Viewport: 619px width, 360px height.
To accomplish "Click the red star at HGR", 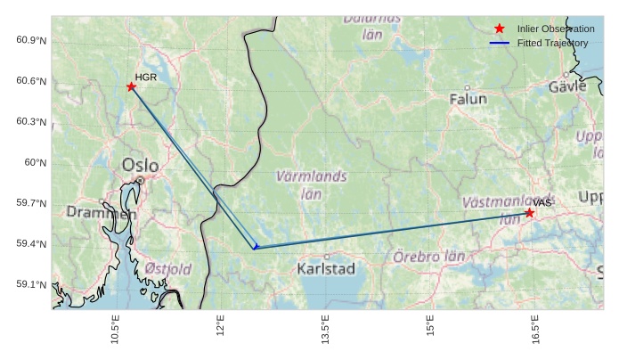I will coord(131,86).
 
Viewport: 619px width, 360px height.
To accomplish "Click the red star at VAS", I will coord(529,212).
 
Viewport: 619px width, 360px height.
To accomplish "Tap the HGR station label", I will coord(146,78).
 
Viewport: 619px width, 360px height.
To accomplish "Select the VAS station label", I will coord(543,203).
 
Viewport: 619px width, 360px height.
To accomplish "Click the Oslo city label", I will coord(140,165).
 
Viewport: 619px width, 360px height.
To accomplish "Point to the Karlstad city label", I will coord(326,268).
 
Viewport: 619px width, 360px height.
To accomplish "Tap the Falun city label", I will coord(468,100).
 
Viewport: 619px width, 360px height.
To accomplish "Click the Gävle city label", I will coord(567,86).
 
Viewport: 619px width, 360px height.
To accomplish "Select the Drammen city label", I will coord(101,213).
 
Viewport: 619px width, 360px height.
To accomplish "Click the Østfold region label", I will coord(167,268).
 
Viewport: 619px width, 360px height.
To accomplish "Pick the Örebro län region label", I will coord(429,257).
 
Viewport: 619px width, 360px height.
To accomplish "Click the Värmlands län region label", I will coord(311,184).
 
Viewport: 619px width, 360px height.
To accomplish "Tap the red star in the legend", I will coord(499,29).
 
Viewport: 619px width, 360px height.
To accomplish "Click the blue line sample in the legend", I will coord(499,43).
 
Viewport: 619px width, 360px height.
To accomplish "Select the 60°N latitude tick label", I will coord(36,163).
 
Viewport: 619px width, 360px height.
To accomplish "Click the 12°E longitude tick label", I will coord(220,330).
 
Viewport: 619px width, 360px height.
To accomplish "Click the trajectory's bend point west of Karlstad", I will coord(255,247).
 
